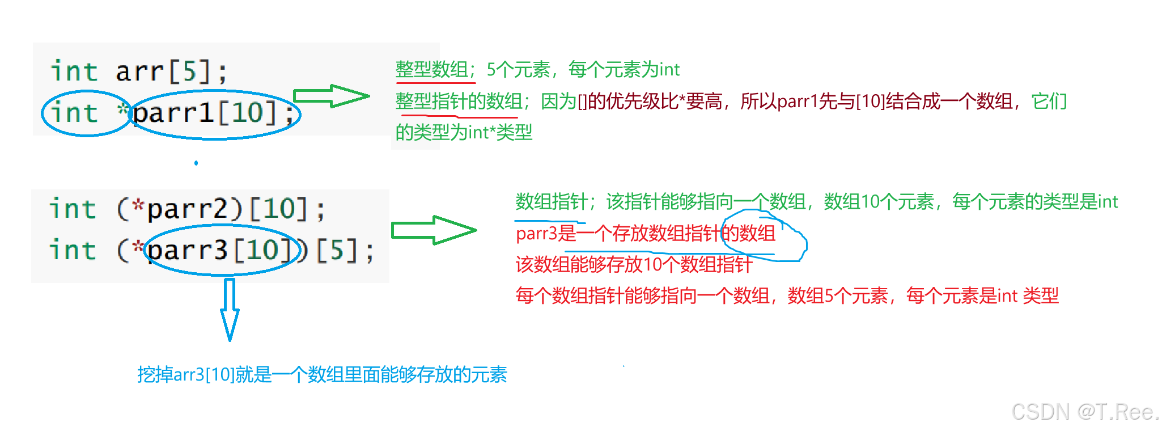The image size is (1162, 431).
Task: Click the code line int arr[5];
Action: [139, 71]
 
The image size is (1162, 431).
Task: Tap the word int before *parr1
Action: [74, 113]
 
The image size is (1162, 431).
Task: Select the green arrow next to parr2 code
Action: [434, 230]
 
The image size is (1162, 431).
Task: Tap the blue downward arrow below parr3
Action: [230, 309]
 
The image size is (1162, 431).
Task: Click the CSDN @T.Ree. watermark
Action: [1084, 412]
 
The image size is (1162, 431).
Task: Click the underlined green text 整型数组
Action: [432, 70]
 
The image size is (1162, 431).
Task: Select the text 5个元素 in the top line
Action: [518, 70]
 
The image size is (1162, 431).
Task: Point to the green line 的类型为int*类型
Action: [464, 132]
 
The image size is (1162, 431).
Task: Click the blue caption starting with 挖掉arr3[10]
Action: [322, 374]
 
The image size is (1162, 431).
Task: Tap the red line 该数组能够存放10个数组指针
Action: [634, 264]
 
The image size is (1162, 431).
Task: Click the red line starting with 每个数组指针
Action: [787, 295]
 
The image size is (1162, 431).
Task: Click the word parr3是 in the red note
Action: [545, 233]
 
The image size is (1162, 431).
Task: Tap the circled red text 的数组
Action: [748, 233]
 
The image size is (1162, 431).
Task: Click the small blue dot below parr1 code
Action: [196, 163]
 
